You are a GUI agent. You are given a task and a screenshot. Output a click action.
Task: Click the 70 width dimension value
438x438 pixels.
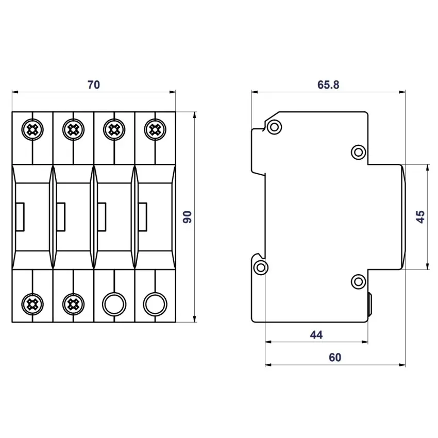[x=94, y=85]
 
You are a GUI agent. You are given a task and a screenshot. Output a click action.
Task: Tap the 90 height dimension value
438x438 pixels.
[x=188, y=217]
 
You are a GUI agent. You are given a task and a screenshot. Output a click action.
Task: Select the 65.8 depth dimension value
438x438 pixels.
[x=328, y=85]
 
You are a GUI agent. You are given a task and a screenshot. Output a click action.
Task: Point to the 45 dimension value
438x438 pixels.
[x=420, y=217]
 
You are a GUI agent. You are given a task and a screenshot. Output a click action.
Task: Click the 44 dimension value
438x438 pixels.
[x=316, y=334]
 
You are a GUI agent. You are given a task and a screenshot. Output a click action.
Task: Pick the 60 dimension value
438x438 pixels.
[x=335, y=357]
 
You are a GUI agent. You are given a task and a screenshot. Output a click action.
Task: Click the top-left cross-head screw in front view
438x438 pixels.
[x=32, y=129]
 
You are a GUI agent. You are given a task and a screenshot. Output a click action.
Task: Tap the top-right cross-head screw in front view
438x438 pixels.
[x=155, y=129]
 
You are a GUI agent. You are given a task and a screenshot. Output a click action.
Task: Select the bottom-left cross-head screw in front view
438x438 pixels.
[x=32, y=304]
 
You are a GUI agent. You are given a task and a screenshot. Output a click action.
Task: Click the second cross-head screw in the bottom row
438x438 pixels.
[x=73, y=304]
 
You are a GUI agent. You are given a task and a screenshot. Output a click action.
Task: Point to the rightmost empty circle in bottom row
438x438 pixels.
[x=155, y=304]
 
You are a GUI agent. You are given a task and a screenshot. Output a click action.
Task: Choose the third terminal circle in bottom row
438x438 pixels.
[x=114, y=304]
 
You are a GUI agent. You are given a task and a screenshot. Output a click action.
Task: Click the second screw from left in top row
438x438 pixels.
[x=73, y=129]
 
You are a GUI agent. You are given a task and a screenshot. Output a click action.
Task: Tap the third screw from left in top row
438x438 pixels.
[x=114, y=129]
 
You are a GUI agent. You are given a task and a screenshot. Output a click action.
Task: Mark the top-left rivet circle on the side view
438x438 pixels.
[x=274, y=127]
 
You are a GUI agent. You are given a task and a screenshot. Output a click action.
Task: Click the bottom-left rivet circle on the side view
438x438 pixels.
[x=261, y=267]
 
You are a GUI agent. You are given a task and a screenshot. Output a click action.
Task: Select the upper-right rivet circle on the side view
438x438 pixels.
[x=359, y=152]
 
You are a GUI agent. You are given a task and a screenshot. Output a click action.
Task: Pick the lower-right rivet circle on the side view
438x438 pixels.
[x=359, y=281]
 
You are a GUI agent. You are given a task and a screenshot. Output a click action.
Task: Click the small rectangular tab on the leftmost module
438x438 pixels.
[x=20, y=217]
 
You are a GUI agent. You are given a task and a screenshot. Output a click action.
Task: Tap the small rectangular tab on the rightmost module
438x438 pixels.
[x=143, y=217]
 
